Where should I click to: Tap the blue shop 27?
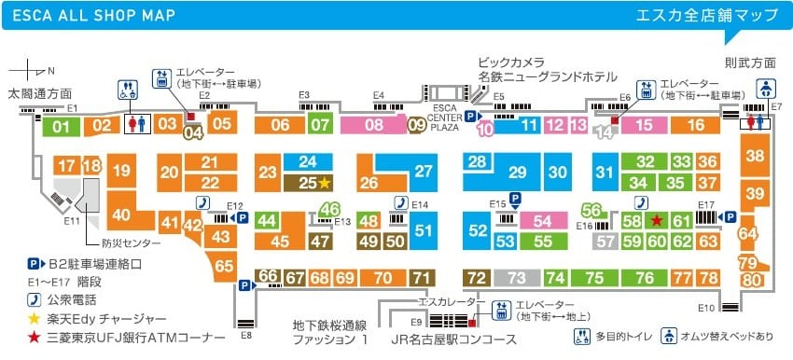click(424, 172)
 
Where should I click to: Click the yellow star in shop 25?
click(326, 182)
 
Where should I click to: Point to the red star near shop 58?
click(657, 220)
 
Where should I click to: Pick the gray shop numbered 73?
click(517, 278)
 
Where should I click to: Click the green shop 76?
click(644, 278)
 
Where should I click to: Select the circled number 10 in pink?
click(485, 130)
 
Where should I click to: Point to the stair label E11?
click(72, 220)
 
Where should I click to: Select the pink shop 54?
click(543, 221)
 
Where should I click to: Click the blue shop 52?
click(479, 230)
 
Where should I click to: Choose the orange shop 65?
click(224, 266)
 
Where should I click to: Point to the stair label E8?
click(246, 333)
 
